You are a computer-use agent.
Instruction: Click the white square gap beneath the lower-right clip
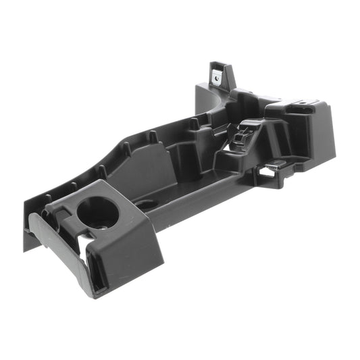click(x=269, y=173)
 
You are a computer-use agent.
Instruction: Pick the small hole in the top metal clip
click(x=217, y=76)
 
